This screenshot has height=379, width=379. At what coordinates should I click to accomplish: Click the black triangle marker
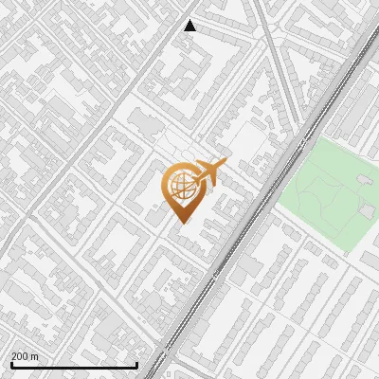pos(190,26)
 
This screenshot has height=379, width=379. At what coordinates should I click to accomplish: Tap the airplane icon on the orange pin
pos(208,172)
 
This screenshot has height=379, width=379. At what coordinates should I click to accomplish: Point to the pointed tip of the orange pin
pos(180,223)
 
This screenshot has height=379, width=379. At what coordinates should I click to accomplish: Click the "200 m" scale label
pos(25,356)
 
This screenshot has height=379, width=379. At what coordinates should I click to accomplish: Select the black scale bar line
pos(74,365)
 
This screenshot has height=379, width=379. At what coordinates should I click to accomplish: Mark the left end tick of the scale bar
pos(10,363)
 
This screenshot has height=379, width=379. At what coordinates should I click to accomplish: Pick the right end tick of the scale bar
pos(137,363)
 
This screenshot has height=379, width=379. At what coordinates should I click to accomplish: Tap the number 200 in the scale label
pos(20,356)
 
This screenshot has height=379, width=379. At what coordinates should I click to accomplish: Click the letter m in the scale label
pos(35,356)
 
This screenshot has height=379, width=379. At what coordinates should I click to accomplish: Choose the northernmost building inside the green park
pos(362,177)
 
